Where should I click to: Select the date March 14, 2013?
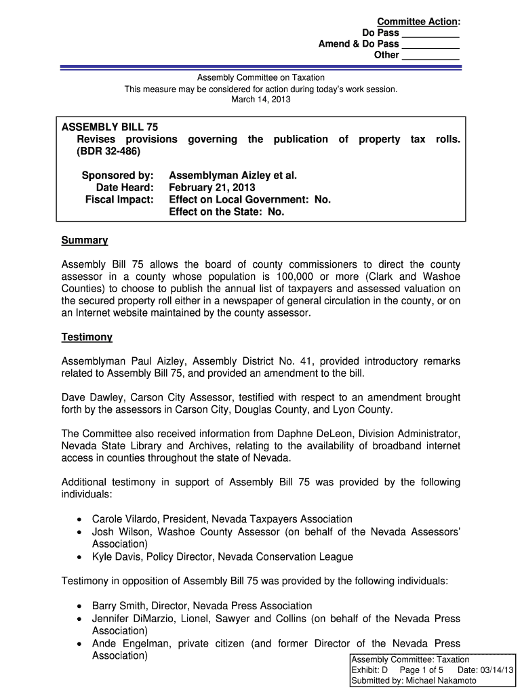tap(261, 100)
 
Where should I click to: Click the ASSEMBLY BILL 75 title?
tap(110, 127)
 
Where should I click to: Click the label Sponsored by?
tap(118, 175)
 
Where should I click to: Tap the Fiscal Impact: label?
tap(119, 199)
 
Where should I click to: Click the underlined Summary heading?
tap(85, 241)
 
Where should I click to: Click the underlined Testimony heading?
tap(87, 337)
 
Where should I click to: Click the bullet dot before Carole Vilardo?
tap(80, 520)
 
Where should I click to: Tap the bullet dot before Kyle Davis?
tap(80, 558)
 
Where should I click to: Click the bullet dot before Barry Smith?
tap(80, 606)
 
